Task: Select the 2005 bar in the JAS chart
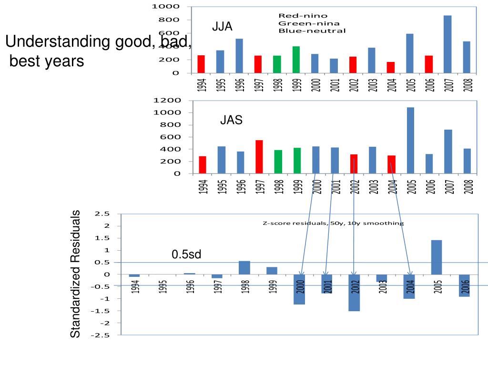point(410,140)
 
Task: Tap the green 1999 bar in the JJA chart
point(296,60)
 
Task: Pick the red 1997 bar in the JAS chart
point(259,157)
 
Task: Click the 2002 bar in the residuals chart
point(354,293)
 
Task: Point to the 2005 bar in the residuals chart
point(437,257)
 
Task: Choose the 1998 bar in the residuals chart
point(244,268)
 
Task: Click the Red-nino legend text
point(296,16)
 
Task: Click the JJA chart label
point(223,27)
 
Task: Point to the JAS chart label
point(231,121)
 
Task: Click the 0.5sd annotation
point(187,255)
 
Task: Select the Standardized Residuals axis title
point(76,274)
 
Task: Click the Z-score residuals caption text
point(333,223)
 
